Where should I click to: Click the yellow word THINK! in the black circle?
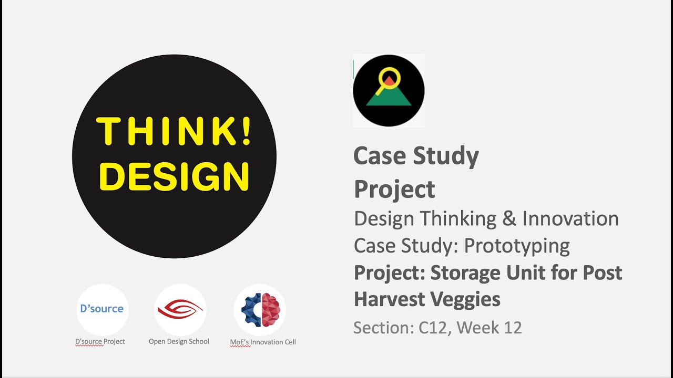[x=174, y=131]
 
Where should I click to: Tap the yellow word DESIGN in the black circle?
[x=174, y=177]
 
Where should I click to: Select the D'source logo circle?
[x=103, y=309]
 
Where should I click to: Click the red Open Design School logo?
[x=180, y=309]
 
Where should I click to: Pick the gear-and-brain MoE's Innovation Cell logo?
[x=260, y=310]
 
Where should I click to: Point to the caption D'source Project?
[x=100, y=341]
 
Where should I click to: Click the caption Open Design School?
[x=179, y=341]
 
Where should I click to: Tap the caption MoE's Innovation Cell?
[x=263, y=342]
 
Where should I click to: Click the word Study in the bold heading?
[x=446, y=156]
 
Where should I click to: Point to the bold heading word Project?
[x=394, y=189]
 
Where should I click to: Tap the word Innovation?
[x=570, y=218]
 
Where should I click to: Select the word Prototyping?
[x=517, y=246]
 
